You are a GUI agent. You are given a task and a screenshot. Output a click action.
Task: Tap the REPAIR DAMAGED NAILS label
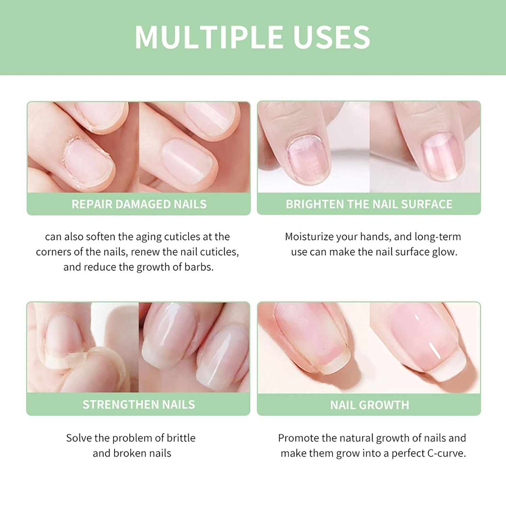point(139,204)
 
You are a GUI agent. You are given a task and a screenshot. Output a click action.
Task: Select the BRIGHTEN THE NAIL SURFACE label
point(369,204)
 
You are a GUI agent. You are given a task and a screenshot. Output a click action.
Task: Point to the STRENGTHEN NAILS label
point(139,404)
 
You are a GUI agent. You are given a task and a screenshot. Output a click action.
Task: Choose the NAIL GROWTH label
point(369,405)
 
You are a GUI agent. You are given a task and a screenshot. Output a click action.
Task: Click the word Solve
point(79,438)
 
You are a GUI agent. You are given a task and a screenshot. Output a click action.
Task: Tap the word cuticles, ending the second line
point(219,252)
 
